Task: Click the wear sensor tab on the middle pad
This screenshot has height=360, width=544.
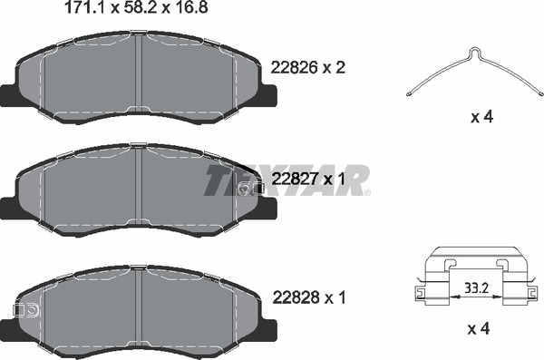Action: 257,188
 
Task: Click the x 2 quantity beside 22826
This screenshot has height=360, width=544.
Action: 335,67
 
